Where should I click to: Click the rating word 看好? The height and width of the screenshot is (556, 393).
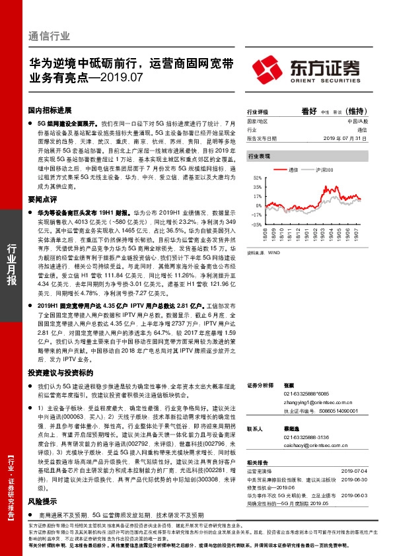point(308,112)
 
